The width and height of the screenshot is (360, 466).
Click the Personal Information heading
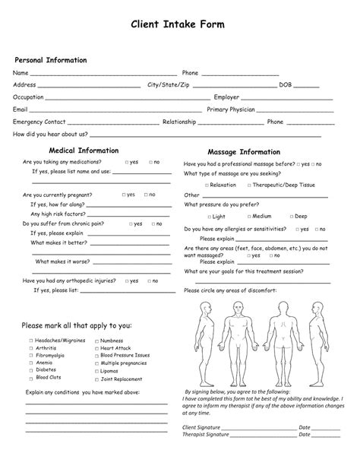click(51, 60)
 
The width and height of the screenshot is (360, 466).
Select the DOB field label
click(286, 85)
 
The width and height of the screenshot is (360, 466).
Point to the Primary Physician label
click(231, 109)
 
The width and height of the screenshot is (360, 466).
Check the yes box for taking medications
click(126, 163)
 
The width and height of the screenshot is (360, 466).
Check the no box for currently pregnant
click(144, 195)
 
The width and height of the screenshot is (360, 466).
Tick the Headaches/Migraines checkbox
click(32, 341)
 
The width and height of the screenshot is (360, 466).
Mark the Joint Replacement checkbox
click(96, 379)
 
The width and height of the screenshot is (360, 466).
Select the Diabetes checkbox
click(32, 369)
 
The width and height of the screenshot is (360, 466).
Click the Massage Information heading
click(244, 152)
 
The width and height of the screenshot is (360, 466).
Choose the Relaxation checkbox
click(207, 185)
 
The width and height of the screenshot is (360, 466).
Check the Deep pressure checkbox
click(289, 217)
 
